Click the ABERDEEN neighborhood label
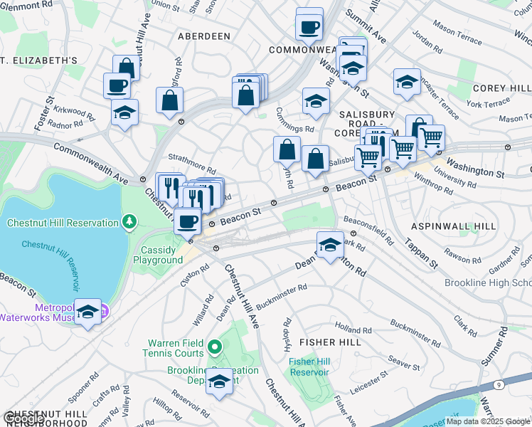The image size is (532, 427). (204, 36)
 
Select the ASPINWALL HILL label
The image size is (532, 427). (452, 226)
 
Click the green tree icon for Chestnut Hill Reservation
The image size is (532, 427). (129, 223)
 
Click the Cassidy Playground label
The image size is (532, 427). (158, 255)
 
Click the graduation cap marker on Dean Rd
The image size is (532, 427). (329, 246)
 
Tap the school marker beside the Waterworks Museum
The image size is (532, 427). (88, 312)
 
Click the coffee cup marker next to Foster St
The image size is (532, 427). (117, 85)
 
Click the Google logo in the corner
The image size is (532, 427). (23, 418)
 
